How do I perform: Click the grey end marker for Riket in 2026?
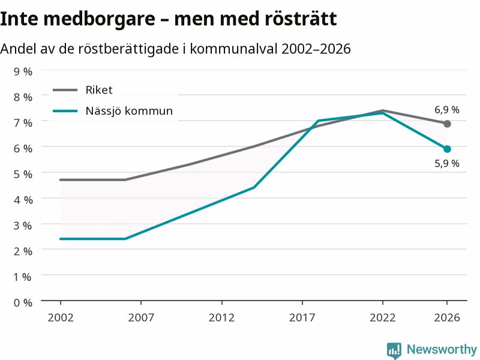coord(447,124)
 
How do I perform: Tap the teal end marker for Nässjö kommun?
coord(447,149)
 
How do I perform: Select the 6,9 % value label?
coord(447,110)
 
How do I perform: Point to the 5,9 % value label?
coord(447,163)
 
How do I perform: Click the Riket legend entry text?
coord(99,89)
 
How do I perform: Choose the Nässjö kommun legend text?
coord(129,110)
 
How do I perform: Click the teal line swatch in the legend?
coord(65,111)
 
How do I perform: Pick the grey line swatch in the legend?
coord(65,90)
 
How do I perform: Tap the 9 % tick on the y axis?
coord(23,71)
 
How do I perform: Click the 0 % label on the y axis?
coord(23,303)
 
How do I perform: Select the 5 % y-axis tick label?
coord(23,174)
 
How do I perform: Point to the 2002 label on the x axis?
coord(61,317)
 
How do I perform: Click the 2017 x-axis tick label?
coord(302,317)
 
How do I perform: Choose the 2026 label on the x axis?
coord(447,317)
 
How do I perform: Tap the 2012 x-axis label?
coord(221,317)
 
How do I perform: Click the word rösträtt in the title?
coord(301,19)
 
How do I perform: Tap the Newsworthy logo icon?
coord(394,350)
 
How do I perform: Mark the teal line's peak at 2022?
coord(383,113)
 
